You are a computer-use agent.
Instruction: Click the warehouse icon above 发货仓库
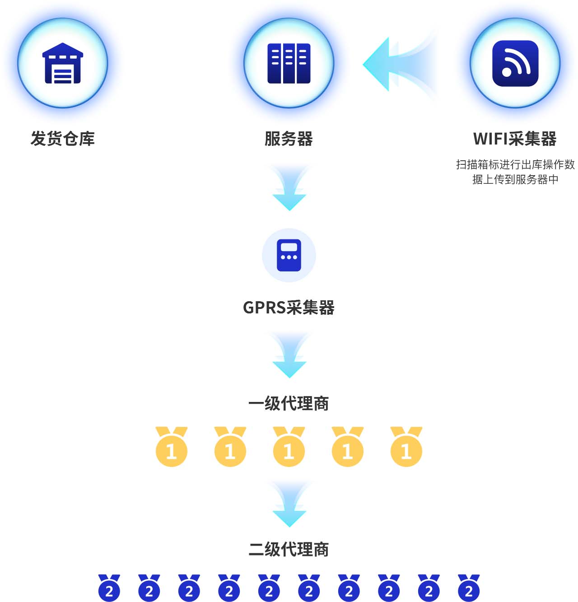[63, 63]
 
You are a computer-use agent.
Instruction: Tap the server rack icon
[289, 63]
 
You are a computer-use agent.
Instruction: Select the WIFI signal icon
[515, 63]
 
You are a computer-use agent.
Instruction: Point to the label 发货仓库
[63, 138]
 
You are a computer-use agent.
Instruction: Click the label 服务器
[289, 138]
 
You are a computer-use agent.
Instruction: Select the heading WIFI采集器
[515, 138]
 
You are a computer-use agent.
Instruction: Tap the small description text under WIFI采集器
[515, 172]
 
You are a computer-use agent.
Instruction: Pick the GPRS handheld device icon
[289, 255]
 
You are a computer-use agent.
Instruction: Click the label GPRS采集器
[289, 308]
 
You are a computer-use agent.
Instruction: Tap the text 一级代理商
[289, 403]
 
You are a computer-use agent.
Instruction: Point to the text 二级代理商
[289, 549]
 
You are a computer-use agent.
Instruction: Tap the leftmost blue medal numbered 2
[109, 588]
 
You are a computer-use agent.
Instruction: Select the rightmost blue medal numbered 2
[469, 588]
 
